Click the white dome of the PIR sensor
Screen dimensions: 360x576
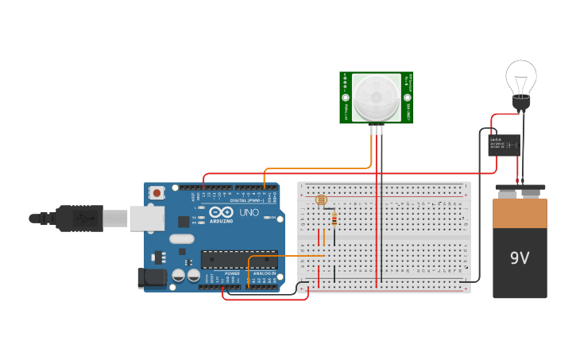coord(376,96)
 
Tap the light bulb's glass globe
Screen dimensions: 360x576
coord(521,78)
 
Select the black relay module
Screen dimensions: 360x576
coord(504,145)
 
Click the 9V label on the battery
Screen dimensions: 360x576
coord(520,258)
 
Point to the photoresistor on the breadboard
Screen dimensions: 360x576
coord(321,200)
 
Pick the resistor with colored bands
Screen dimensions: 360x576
coord(334,219)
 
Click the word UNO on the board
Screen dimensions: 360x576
coord(249,212)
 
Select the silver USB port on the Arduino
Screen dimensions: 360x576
coord(147,217)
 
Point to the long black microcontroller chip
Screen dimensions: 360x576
coord(238,258)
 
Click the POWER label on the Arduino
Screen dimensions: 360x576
coord(232,273)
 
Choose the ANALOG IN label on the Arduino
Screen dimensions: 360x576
coord(264,273)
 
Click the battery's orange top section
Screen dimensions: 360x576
coord(520,213)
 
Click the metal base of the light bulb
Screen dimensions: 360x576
coord(521,103)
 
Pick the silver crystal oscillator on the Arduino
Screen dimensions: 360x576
coord(181,238)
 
